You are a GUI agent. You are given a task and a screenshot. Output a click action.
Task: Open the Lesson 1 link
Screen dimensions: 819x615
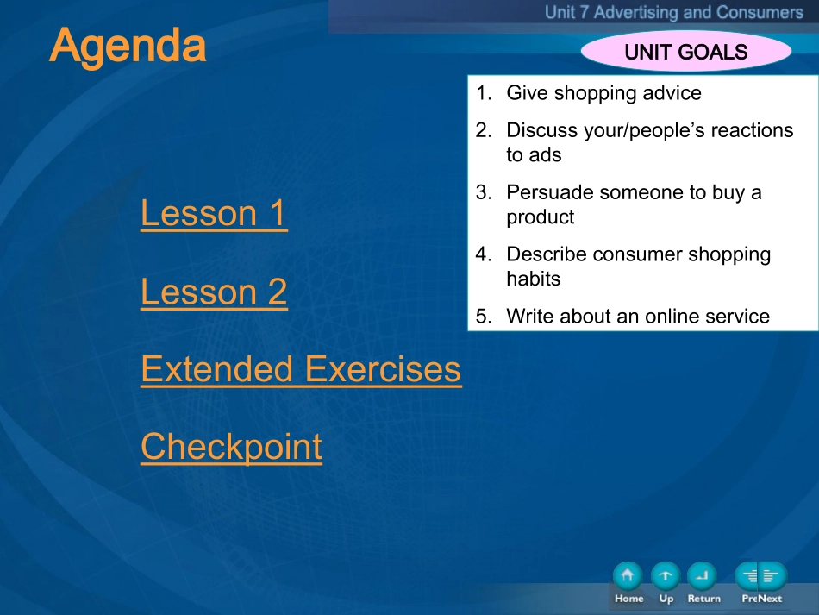(x=214, y=213)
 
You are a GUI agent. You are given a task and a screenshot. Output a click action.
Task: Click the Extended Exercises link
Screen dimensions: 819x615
(x=302, y=369)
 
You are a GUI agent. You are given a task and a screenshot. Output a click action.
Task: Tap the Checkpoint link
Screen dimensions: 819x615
(x=231, y=448)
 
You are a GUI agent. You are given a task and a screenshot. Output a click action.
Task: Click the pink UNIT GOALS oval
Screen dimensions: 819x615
(x=686, y=52)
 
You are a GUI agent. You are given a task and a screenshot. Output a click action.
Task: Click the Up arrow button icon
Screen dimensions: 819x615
(x=666, y=576)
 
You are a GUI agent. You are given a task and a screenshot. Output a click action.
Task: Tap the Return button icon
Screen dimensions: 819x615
(x=702, y=576)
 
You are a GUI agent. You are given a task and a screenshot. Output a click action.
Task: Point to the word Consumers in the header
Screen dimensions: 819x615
(x=760, y=12)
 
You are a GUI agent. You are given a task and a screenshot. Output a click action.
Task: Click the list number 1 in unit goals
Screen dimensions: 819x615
(x=484, y=92)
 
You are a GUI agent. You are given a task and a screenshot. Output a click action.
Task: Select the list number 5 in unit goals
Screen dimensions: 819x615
(x=484, y=316)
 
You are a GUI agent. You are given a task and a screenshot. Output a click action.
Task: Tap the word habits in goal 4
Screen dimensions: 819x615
(x=534, y=279)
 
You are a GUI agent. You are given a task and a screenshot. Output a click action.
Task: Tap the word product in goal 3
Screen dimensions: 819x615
(x=541, y=217)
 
